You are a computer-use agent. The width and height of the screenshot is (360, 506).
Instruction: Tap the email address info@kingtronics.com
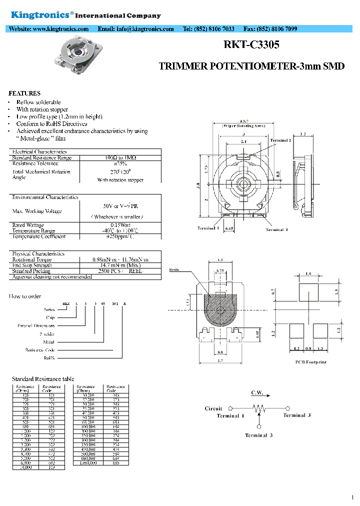point(145,29)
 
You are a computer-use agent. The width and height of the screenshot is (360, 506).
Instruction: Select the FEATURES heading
point(24,93)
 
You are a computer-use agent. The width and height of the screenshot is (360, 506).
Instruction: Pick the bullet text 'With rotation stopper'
point(42,109)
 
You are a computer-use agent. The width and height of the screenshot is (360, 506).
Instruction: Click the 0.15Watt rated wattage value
point(120,225)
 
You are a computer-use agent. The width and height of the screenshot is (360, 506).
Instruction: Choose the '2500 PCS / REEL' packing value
point(120,270)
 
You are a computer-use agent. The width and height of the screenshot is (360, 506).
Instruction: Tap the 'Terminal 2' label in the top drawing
point(280,140)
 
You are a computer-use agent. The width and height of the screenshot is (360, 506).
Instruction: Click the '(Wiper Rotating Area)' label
point(243,126)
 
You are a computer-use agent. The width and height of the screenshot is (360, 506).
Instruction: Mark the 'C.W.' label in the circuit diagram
point(257,393)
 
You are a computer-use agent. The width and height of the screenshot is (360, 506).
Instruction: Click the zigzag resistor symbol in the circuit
point(258,408)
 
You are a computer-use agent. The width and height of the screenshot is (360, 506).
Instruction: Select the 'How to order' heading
point(25,296)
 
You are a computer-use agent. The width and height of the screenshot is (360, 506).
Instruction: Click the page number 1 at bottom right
point(352,497)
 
